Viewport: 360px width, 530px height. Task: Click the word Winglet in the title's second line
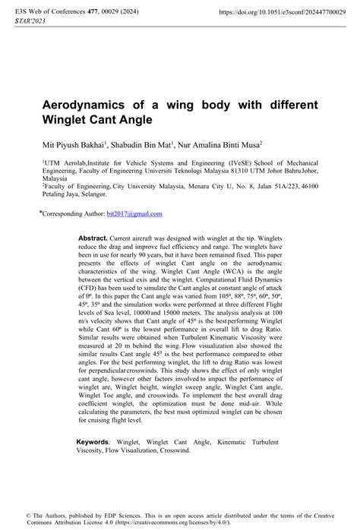[x=65, y=119]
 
